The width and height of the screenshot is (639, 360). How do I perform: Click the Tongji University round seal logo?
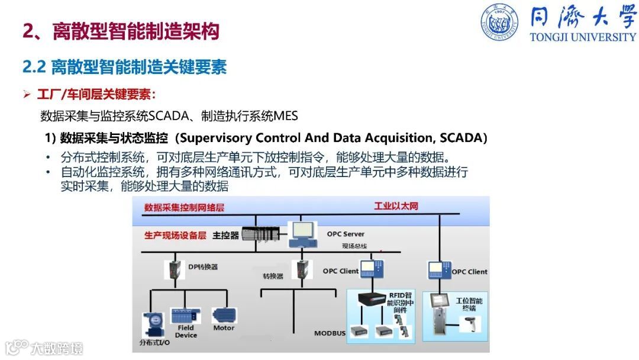[499, 22]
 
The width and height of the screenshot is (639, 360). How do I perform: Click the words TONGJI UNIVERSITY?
[583, 37]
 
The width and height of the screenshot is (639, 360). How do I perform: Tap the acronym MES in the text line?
[286, 115]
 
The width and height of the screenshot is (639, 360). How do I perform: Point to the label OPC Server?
[346, 234]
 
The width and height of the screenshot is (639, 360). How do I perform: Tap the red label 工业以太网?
[396, 206]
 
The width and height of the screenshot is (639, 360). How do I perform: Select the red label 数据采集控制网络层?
[184, 208]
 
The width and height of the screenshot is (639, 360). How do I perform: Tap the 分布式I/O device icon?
[153, 324]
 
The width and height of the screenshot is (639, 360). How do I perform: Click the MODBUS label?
[330, 333]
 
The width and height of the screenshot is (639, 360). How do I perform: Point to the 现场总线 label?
[354, 246]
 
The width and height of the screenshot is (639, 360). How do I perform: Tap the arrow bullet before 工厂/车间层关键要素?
[27, 95]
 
